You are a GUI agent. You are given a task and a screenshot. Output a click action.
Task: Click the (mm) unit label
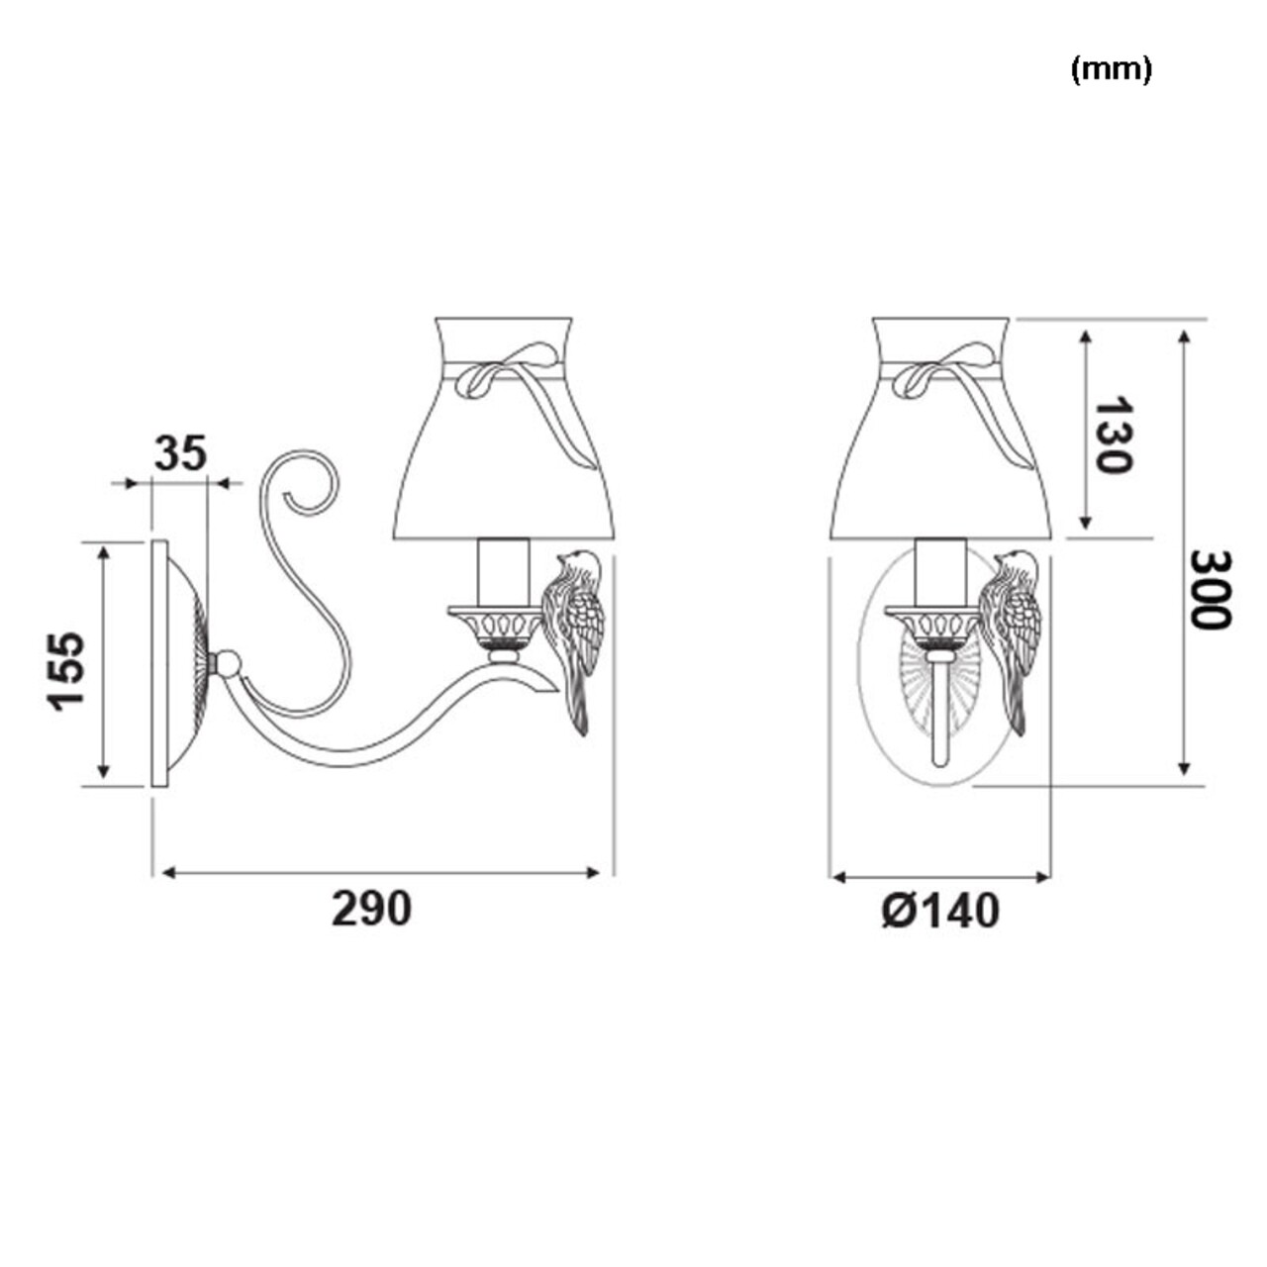click(x=1111, y=69)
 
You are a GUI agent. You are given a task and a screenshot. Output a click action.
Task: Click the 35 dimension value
click(x=180, y=452)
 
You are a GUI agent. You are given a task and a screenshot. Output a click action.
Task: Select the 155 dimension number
click(x=66, y=671)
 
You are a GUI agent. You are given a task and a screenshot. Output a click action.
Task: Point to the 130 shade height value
click(x=1112, y=435)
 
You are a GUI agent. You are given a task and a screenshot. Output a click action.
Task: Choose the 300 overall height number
click(x=1211, y=590)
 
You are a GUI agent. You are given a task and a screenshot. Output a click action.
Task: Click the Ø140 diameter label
click(x=940, y=911)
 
